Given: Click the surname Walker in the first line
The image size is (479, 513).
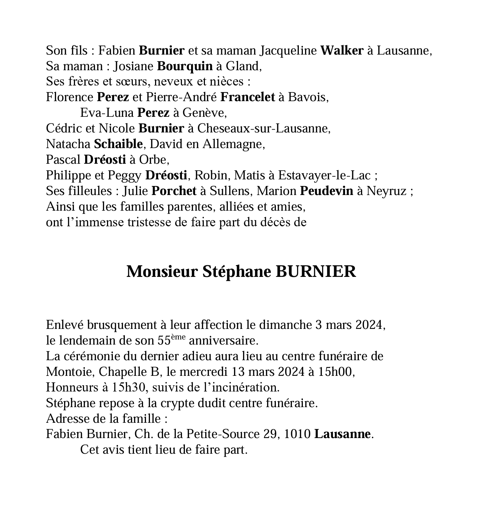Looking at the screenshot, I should pos(342,51).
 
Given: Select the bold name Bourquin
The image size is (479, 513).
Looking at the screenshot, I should pos(185,66).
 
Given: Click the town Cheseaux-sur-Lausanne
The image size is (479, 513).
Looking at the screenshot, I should pos(264,129).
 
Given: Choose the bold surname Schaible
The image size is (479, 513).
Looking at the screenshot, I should pos(118,144).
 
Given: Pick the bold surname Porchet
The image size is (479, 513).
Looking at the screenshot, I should pos(174,191).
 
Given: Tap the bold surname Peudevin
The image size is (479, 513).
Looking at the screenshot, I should pos(326,191).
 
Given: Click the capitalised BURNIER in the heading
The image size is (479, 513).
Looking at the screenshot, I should pos(316,272).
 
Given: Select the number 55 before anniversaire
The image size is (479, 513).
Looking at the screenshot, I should pos(164,341).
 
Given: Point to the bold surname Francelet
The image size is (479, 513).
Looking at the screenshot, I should pos(248,98).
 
